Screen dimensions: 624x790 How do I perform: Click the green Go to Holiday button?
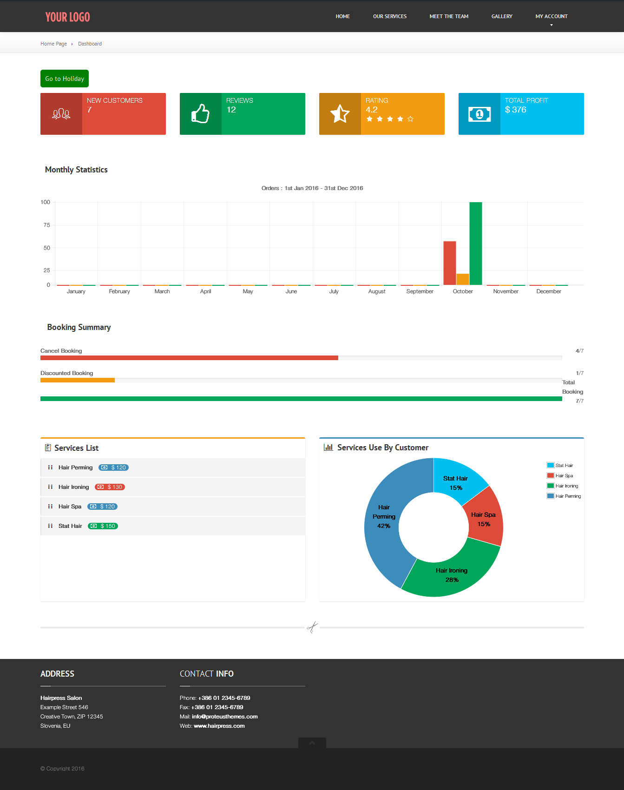coord(65,79)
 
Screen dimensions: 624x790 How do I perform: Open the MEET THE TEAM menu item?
coord(449,16)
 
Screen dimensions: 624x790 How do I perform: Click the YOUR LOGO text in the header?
coord(67,17)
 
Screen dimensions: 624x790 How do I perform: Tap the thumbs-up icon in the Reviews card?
coord(200,113)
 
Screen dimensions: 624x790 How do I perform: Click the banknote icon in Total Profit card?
coord(479,114)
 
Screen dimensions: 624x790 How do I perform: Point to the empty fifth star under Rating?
coord(410,119)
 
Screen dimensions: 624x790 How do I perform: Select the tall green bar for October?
coord(476,244)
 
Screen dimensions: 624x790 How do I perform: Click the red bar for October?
coord(450,263)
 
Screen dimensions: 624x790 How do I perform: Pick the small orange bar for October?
coord(463,279)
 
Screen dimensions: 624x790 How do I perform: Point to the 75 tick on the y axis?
coord(46,225)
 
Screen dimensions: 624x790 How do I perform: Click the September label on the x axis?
coord(420,291)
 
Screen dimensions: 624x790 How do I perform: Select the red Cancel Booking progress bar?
coord(189,358)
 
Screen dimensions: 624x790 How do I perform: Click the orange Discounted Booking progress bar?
coord(78,380)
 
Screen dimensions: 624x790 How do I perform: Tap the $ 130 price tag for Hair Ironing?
coord(110,487)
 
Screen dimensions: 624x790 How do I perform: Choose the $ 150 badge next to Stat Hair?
coord(103,526)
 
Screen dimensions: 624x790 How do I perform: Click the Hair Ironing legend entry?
coord(563,486)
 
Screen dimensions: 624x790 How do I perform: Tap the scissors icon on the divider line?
coord(312,627)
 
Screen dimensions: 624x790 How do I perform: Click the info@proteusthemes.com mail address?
coord(225,717)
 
